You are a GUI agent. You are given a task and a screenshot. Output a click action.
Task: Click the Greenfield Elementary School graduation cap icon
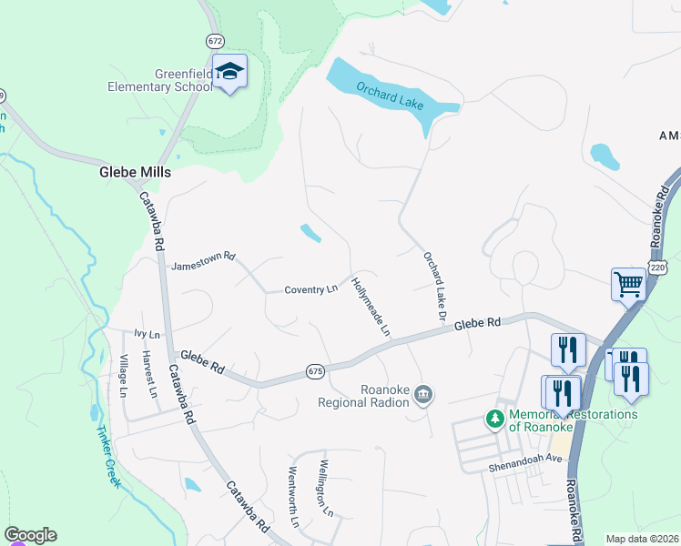230,72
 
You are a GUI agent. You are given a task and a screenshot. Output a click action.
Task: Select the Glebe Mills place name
135,171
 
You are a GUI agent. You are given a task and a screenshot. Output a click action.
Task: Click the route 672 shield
215,41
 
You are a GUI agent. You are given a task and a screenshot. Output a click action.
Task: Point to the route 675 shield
315,371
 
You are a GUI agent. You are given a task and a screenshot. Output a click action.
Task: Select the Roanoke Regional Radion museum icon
422,394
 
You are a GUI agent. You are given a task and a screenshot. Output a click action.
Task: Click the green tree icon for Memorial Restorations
494,419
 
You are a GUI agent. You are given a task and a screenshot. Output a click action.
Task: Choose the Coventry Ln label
310,289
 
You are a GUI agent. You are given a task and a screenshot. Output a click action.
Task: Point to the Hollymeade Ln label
371,304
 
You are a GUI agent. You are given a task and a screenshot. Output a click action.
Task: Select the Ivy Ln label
147,334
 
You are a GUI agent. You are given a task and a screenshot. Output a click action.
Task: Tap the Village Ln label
123,376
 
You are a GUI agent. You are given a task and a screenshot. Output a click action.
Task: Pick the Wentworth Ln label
293,497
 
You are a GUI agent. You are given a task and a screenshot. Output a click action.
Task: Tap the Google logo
30,535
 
